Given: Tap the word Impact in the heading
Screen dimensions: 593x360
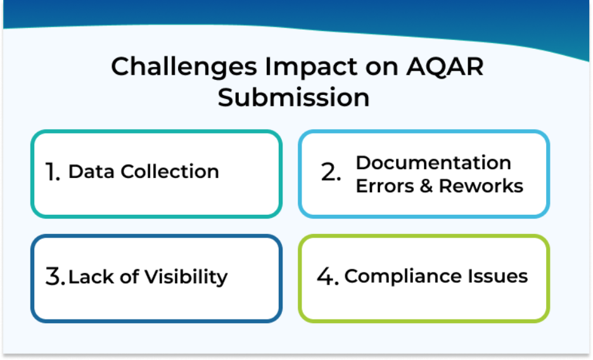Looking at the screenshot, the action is [x=311, y=67].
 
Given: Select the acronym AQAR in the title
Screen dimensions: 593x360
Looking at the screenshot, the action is [x=445, y=67].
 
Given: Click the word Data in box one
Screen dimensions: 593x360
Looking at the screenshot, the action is [x=91, y=172].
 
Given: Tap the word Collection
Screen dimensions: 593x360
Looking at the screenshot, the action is [x=170, y=172].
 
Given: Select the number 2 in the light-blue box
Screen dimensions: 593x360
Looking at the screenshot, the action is [x=331, y=172].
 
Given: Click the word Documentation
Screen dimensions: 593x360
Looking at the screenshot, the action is [x=433, y=163].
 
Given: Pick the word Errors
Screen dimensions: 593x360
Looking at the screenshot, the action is [x=385, y=186].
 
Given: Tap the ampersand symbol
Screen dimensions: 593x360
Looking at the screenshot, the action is [x=426, y=186].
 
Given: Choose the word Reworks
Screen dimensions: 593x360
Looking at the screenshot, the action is [x=481, y=186].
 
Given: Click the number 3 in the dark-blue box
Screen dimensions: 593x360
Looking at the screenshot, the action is [x=55, y=276].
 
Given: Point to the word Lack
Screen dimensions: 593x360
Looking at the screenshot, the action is [x=91, y=276].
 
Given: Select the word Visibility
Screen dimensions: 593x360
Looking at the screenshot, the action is [x=186, y=277].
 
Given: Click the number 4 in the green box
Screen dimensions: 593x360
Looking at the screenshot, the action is [x=328, y=276].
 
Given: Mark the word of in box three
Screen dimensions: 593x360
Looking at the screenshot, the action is [x=129, y=276].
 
